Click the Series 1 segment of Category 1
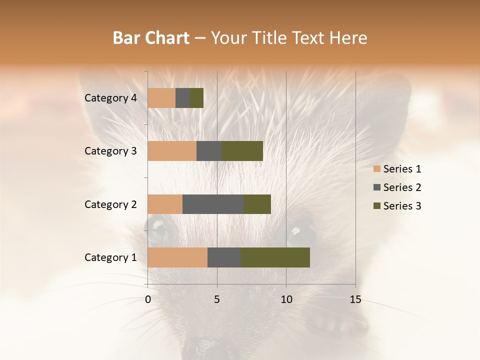click(177, 257)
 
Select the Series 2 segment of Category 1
click(224, 257)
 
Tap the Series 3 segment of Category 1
click(275, 257)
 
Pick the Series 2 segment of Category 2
click(213, 204)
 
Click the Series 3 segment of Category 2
click(257, 204)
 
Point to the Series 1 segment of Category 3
click(172, 151)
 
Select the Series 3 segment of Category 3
click(242, 151)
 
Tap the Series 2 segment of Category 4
click(182, 98)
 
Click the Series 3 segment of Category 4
click(196, 98)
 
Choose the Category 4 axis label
click(110, 98)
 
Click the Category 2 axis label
click(110, 204)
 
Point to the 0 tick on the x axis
click(148, 299)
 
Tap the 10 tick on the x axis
click(286, 299)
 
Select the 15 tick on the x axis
click(355, 299)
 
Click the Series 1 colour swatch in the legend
click(376, 169)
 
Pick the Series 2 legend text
click(402, 187)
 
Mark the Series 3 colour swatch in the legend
click(376, 206)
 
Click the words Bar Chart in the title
click(151, 38)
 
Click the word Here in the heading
click(348, 38)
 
